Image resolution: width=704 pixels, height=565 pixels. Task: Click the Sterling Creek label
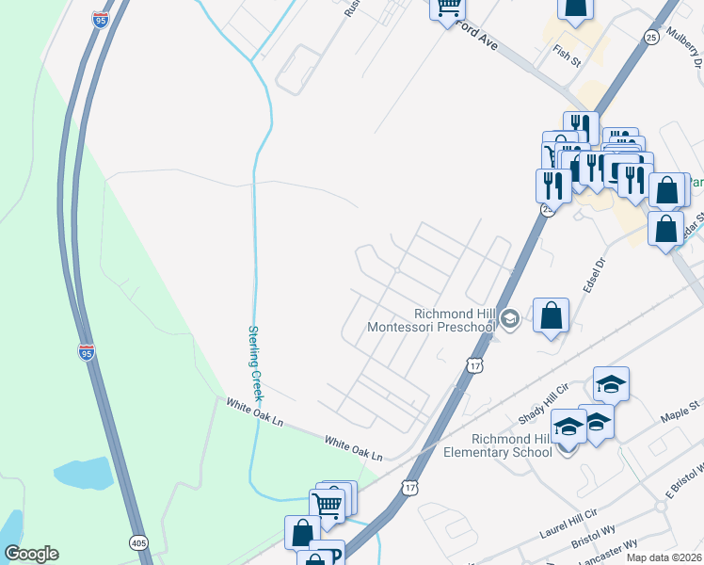257,363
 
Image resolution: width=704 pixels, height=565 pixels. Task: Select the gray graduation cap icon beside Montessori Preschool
509,319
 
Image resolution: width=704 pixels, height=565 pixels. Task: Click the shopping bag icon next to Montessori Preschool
551,315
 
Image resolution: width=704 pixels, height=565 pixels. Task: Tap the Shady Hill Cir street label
545,403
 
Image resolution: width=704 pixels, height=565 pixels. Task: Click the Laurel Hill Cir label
568,524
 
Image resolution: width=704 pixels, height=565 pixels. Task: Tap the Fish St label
568,56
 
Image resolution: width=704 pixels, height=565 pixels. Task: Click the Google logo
31,554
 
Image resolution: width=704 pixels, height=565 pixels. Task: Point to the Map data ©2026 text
664,557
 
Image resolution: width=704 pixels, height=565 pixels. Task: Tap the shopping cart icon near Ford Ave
448,8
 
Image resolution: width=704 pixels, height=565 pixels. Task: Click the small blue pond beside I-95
84,474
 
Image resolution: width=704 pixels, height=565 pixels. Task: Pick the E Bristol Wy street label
684,480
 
